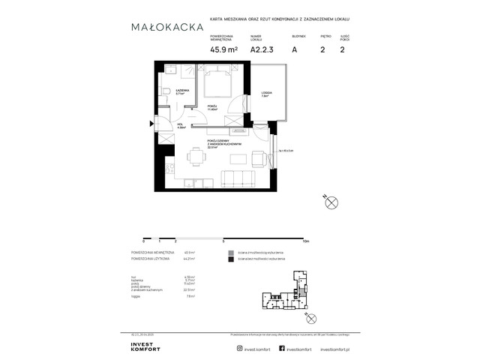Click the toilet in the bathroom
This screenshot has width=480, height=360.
click(x=163, y=92)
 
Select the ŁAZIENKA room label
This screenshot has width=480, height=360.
click(x=182, y=91)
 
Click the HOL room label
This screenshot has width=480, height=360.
click(x=181, y=124)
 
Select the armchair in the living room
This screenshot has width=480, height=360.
click(x=258, y=159)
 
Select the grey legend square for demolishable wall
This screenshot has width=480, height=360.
click(x=232, y=253)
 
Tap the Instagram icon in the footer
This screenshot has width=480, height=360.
click(x=240, y=327)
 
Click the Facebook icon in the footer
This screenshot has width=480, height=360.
click(x=281, y=327)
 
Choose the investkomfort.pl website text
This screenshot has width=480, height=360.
click(x=334, y=327)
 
